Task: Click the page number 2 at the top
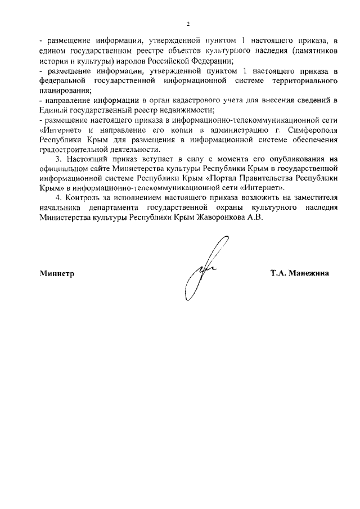pos(188,24)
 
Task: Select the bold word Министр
pos(57,273)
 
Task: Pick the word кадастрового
pos(178,101)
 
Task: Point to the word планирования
pos(62,91)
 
